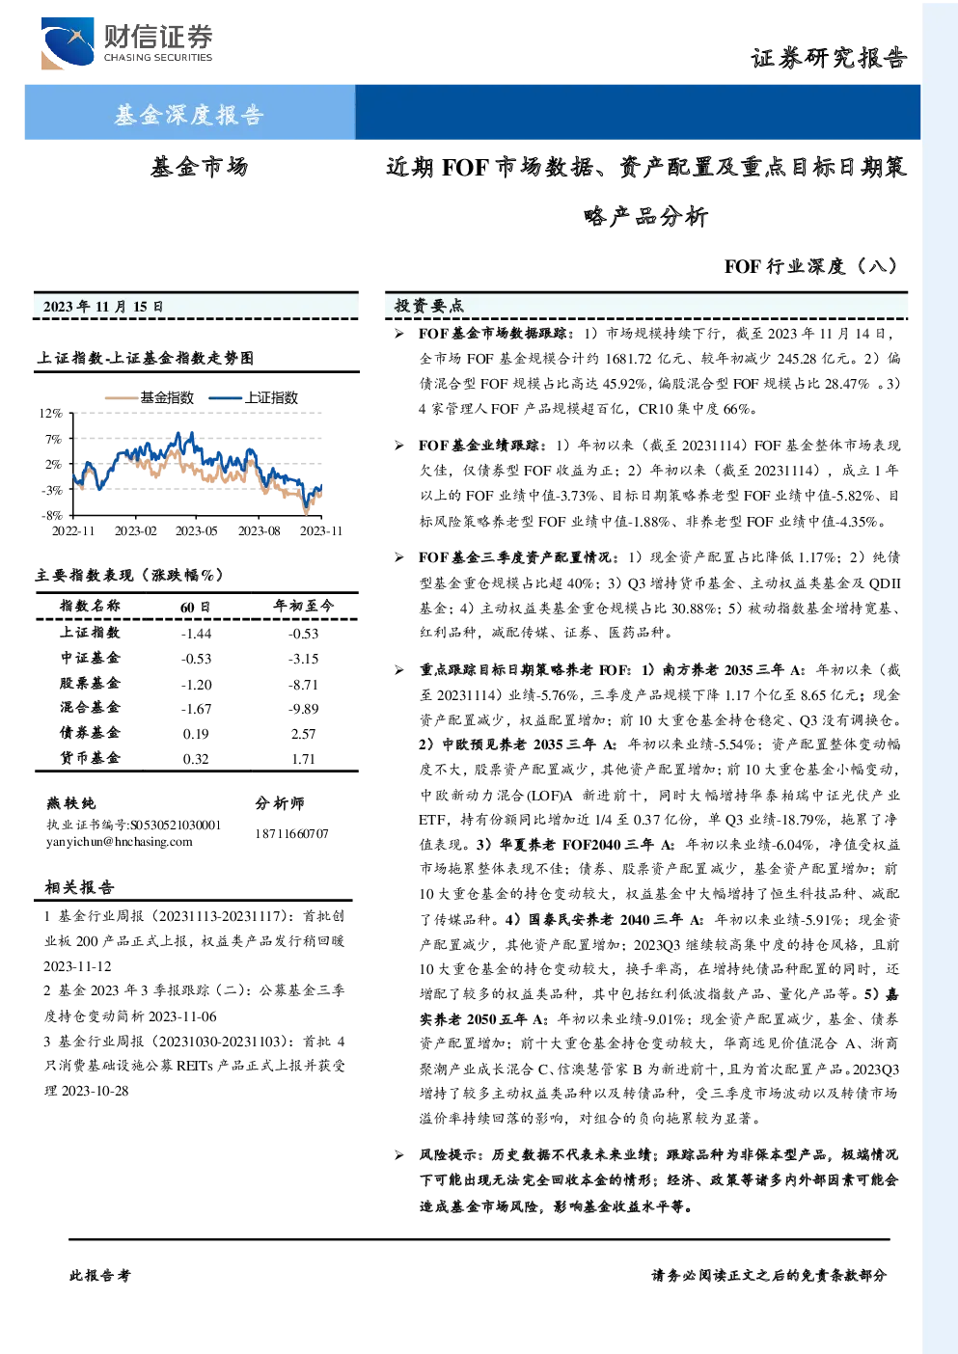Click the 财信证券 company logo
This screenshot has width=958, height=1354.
click(x=127, y=43)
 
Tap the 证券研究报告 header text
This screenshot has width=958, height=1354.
click(x=829, y=59)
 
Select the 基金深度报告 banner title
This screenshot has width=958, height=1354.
click(x=189, y=114)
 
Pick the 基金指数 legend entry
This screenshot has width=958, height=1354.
click(x=150, y=397)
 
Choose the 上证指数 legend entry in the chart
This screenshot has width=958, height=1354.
click(x=254, y=397)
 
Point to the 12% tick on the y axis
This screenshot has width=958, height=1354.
click(x=51, y=414)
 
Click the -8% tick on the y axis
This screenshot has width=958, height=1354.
click(x=51, y=516)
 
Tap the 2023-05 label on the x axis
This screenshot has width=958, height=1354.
click(x=196, y=530)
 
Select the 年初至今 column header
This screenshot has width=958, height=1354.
click(x=304, y=606)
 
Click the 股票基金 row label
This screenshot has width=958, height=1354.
click(x=90, y=683)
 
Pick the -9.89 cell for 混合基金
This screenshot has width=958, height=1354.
click(x=304, y=709)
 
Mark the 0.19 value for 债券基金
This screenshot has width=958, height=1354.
click(x=196, y=734)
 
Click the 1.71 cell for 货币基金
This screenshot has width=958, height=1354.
click(x=304, y=759)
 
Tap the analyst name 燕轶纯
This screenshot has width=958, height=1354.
click(x=70, y=803)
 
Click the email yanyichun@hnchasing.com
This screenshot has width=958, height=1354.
click(x=119, y=842)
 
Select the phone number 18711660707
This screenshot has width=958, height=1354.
click(x=291, y=833)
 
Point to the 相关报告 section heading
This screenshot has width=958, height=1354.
click(x=79, y=887)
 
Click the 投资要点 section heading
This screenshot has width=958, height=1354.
click(x=429, y=306)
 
